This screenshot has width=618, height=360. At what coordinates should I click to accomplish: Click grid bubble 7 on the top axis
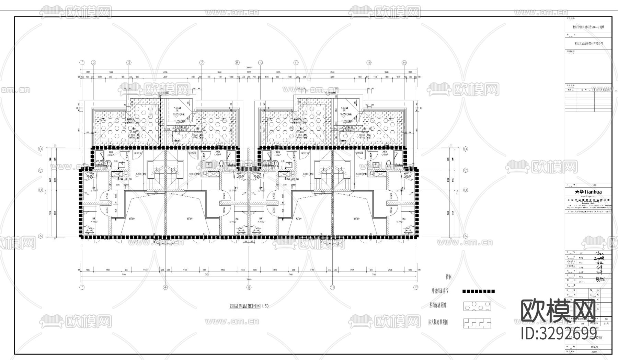pyautogui.click(x=202, y=63)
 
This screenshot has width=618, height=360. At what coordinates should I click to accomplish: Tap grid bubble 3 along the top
pyautogui.click(x=129, y=63)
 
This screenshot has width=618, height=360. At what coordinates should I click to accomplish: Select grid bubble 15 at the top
pyautogui.click(x=369, y=63)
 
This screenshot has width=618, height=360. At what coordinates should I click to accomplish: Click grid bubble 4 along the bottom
pyautogui.click(x=165, y=287)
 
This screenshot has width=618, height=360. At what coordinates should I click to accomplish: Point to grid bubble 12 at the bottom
pyautogui.click(x=332, y=287)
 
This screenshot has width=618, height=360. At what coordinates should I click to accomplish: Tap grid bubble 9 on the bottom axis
pyautogui.click(x=249, y=287)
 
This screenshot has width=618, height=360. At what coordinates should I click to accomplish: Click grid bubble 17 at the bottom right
pyautogui.click(x=416, y=287)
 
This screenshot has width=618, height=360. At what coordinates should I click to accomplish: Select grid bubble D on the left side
pyautogui.click(x=41, y=149)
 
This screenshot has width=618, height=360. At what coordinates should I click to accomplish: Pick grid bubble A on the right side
pyautogui.click(x=466, y=236)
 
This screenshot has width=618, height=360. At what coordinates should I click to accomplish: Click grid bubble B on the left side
pyautogui.click(x=41, y=190)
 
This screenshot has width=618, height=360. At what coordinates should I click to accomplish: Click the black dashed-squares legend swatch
pyautogui.click(x=479, y=291)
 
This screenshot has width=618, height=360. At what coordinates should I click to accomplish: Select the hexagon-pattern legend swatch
pyautogui.click(x=477, y=306)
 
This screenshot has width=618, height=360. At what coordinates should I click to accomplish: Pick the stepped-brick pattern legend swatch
pyautogui.click(x=477, y=323)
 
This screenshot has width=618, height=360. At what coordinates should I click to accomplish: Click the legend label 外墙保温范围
pyautogui.click(x=440, y=291)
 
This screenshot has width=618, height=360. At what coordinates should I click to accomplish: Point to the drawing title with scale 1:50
pyautogui.click(x=249, y=306)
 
